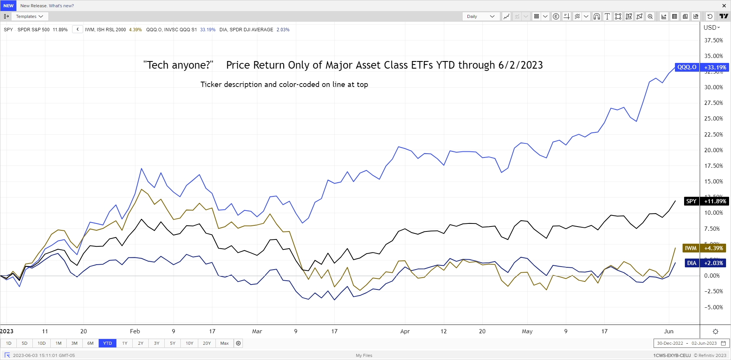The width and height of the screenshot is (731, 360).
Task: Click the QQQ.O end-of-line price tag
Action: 702,67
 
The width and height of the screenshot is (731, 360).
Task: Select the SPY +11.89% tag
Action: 707,201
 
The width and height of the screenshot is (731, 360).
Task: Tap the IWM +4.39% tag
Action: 705,248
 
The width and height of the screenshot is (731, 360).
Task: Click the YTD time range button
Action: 108,343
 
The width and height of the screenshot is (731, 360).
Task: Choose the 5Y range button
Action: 172,343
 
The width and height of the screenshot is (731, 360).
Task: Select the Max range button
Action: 224,343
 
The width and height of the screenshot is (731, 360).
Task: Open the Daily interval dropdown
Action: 480,16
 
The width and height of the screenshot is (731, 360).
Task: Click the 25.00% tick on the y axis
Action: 713,119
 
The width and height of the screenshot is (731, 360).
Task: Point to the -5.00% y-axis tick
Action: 713,307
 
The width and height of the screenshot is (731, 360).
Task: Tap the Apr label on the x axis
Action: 405,331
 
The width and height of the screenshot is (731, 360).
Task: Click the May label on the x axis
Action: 527,331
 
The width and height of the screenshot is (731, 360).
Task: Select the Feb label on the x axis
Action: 135,331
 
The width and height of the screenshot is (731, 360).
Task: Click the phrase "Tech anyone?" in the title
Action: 178,65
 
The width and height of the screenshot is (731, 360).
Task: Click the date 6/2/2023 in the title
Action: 521,65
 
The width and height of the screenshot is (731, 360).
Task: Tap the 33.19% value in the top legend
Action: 208,30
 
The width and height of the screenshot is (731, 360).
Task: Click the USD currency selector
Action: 712,27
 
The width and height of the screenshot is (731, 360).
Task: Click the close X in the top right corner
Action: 724,6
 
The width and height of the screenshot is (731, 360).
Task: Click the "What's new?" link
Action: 61,6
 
